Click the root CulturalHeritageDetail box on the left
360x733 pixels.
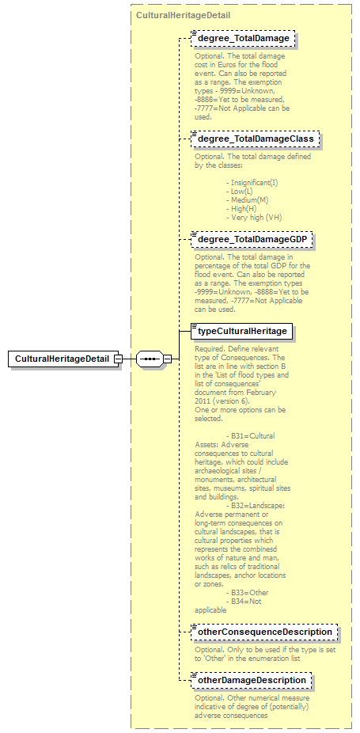(63, 359)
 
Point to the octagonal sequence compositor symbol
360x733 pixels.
(150, 359)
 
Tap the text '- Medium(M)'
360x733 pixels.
(247, 199)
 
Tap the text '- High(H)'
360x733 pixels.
(243, 208)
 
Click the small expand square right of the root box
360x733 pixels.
(118, 359)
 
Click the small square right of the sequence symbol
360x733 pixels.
(166, 359)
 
